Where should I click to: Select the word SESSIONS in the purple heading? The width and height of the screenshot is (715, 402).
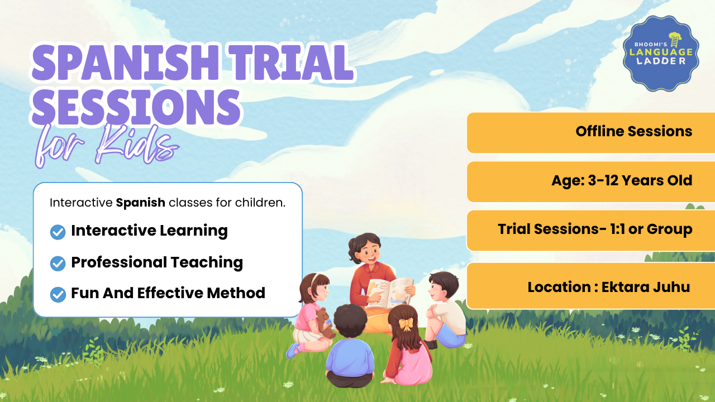point(136,107)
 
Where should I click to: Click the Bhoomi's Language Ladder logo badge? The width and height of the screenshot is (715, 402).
point(661,53)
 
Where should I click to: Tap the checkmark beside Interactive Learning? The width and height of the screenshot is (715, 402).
point(58,232)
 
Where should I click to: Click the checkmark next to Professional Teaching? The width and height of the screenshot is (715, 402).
point(58,264)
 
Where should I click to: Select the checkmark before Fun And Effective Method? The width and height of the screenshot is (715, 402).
point(58,294)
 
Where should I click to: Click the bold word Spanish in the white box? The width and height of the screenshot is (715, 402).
point(140,203)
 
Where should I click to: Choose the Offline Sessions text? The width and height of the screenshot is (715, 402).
point(634,131)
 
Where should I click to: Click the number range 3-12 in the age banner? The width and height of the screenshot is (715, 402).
point(603,180)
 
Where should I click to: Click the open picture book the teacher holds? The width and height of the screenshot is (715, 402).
point(389,293)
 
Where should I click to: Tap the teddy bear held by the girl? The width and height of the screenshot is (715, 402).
point(325,323)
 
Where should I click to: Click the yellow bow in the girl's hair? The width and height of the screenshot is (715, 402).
point(406,324)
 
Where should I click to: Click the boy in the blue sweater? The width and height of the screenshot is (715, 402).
point(350,346)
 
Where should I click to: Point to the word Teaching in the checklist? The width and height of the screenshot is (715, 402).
point(207,263)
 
